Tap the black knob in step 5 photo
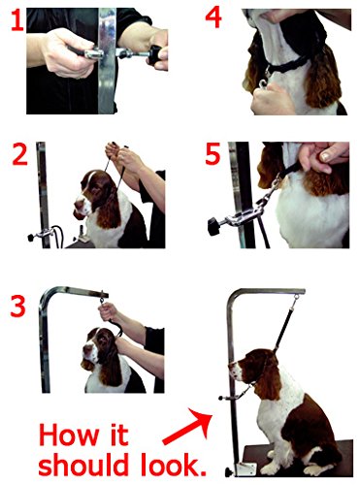[x=215, y=227]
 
